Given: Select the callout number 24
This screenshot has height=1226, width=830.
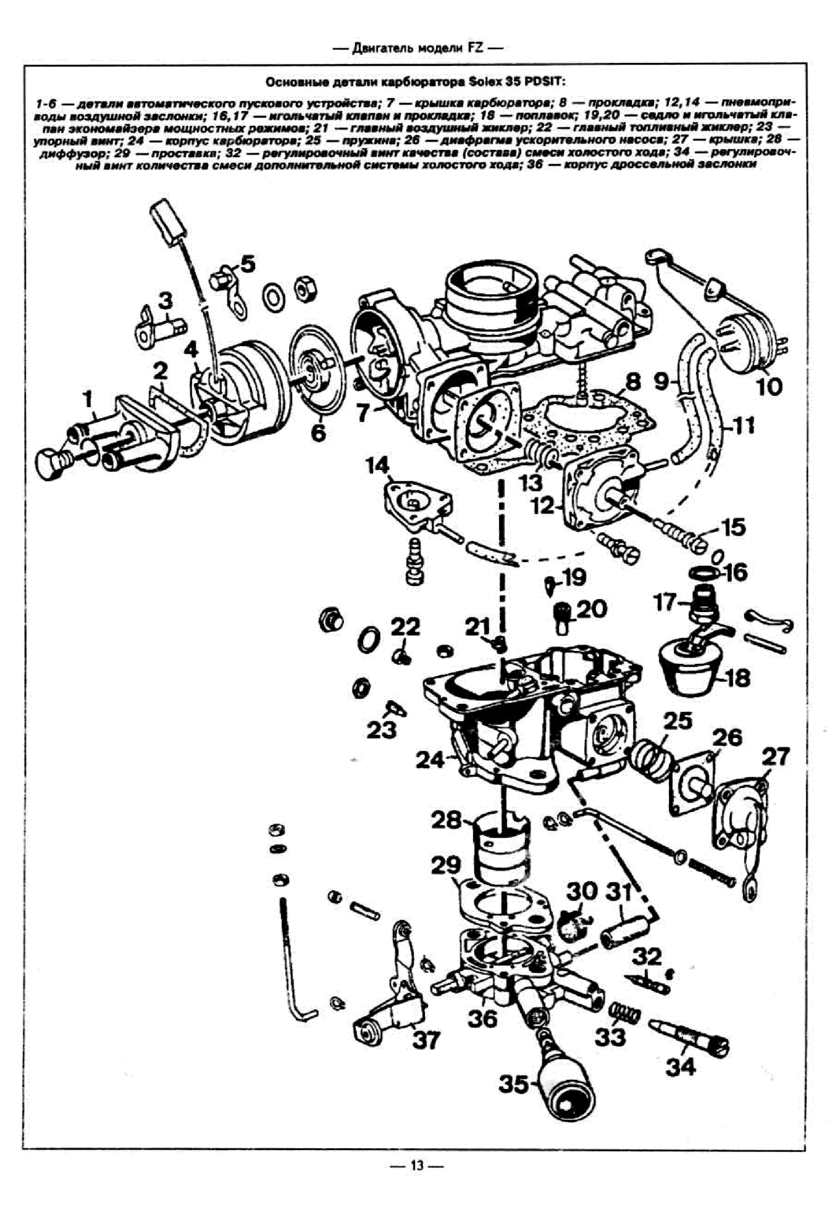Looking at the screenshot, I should click(430, 760).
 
